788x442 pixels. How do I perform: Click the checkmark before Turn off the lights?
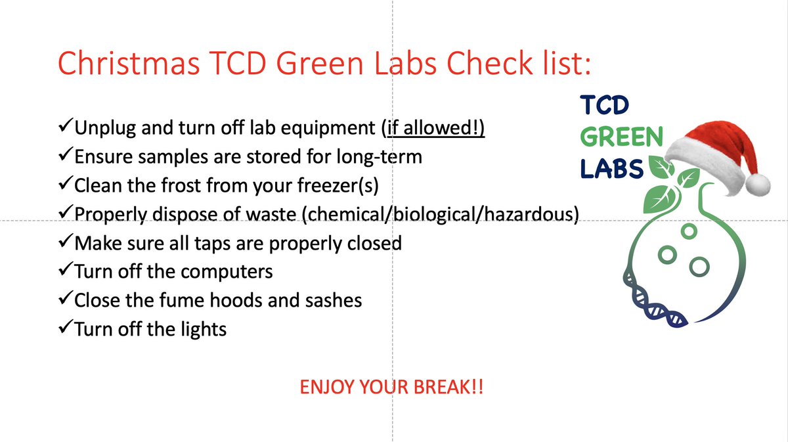65,328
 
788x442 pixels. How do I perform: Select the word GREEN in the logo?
621,137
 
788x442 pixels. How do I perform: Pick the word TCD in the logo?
605,105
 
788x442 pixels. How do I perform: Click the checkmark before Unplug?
65,128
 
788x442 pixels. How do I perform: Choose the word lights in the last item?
200,328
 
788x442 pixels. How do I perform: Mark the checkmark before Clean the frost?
65,185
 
